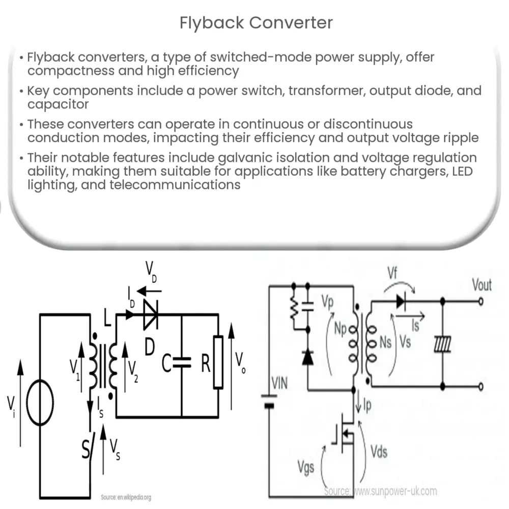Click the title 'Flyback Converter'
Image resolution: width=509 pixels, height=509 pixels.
pos(256,23)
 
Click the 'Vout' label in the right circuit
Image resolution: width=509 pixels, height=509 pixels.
pos(481,285)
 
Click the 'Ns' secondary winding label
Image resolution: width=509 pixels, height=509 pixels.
pos(385,342)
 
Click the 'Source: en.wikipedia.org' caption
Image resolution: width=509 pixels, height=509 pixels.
pos(126,497)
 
